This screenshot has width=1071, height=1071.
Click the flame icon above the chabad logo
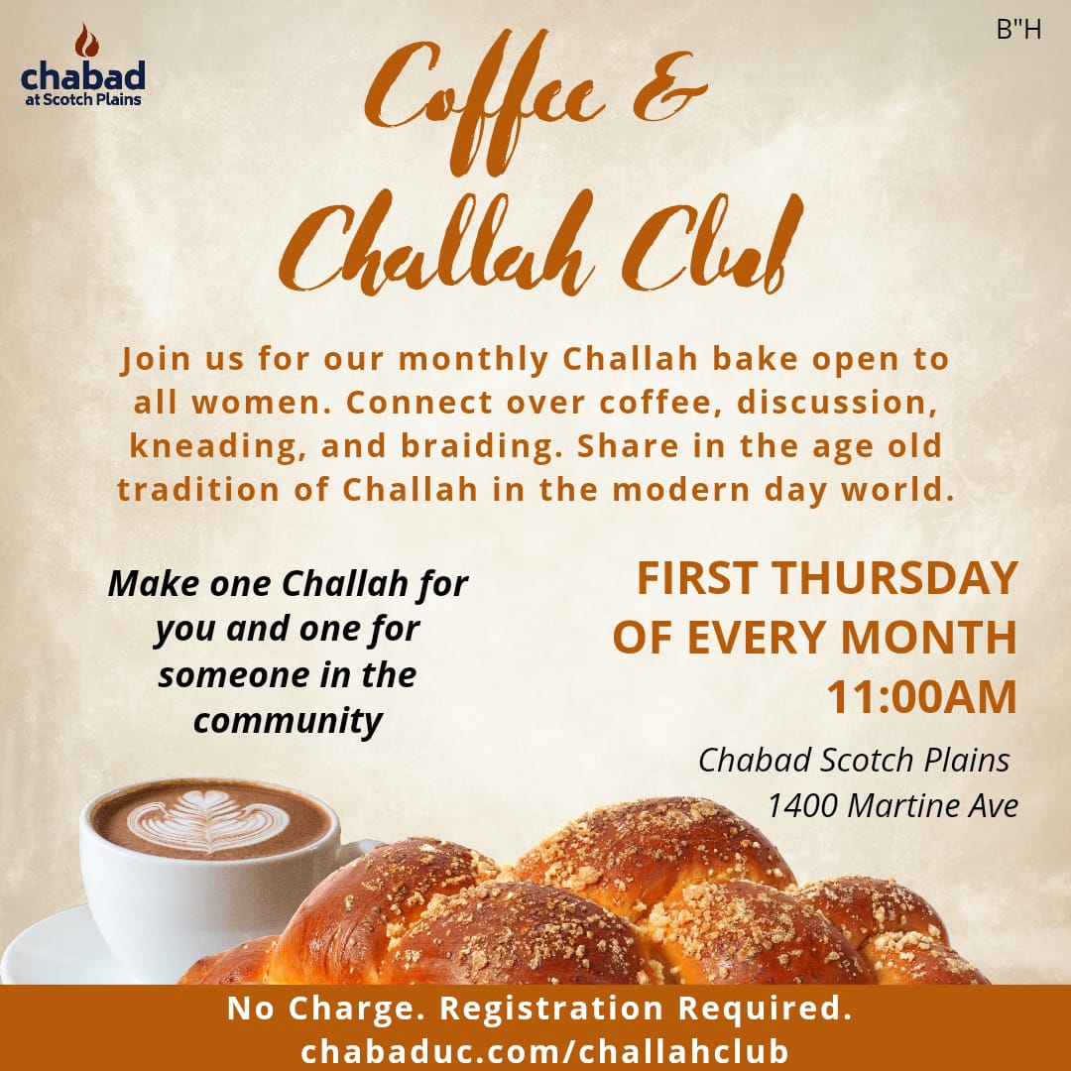tap(86, 41)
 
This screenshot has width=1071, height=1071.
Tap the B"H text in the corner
tap(1018, 30)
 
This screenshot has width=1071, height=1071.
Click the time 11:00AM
tap(921, 697)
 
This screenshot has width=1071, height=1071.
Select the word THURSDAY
tap(895, 578)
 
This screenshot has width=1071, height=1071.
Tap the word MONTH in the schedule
tap(929, 638)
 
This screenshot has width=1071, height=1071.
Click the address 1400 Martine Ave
tap(892, 805)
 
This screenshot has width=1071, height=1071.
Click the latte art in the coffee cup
tap(208, 820)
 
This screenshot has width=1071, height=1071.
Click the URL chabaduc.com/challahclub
tap(544, 1050)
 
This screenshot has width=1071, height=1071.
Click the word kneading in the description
tap(218, 447)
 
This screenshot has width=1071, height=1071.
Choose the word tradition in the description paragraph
tap(198, 490)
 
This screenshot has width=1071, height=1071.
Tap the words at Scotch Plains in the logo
tap(83, 99)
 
